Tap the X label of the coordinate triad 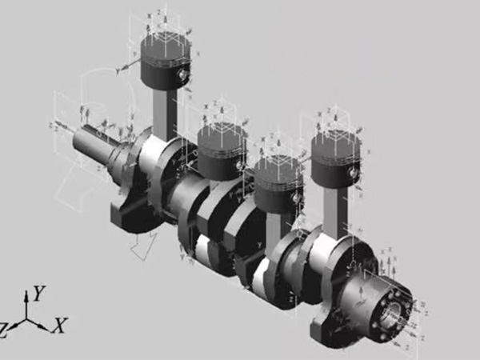(x=59, y=326)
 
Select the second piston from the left (x=222, y=148)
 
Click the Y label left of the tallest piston (x=117, y=71)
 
